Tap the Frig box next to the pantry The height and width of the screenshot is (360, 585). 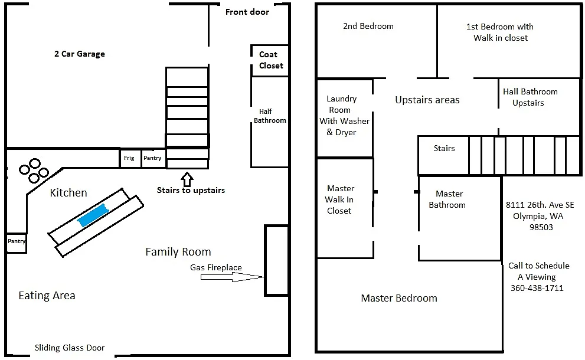129,158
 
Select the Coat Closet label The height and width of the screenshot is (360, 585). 271,60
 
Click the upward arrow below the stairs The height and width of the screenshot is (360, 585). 187,178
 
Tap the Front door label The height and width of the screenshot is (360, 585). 247,12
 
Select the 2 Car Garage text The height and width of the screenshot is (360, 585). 79,54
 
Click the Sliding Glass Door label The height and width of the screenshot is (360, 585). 70,348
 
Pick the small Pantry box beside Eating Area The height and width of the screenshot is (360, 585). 16,241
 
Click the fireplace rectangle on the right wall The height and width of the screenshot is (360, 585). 276,260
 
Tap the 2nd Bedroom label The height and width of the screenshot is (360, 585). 368,26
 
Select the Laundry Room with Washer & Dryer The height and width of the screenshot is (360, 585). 344,116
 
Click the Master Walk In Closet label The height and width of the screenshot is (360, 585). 340,199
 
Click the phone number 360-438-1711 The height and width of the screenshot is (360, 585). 537,288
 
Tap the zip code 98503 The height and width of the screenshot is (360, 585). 541,227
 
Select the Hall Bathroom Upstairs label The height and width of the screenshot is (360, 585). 530,97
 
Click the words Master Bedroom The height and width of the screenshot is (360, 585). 399,298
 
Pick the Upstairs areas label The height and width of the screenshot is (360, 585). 427,100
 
